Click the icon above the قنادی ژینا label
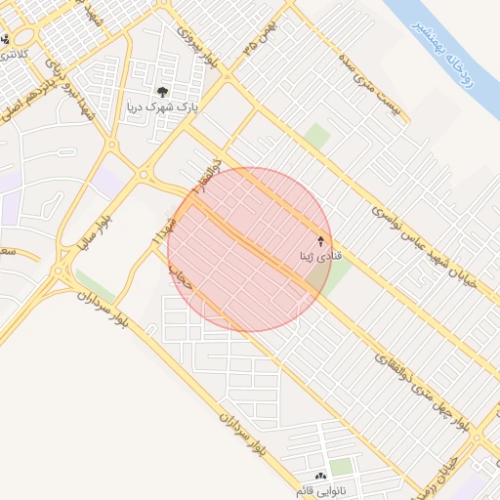pos(322,240)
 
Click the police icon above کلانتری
pos(7,40)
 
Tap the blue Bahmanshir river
pos(430,24)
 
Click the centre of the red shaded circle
pos(250,249)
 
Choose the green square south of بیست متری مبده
pos(317,136)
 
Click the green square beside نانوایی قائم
pos(341,467)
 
